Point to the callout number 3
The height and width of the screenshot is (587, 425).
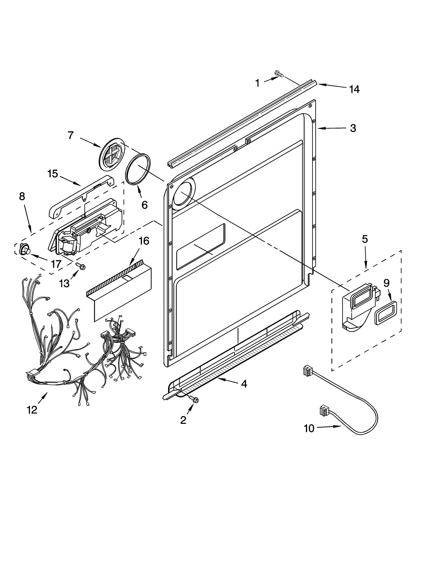point(353,128)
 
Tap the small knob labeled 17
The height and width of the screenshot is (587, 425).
point(24,250)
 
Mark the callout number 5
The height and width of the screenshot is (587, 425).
point(364,239)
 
